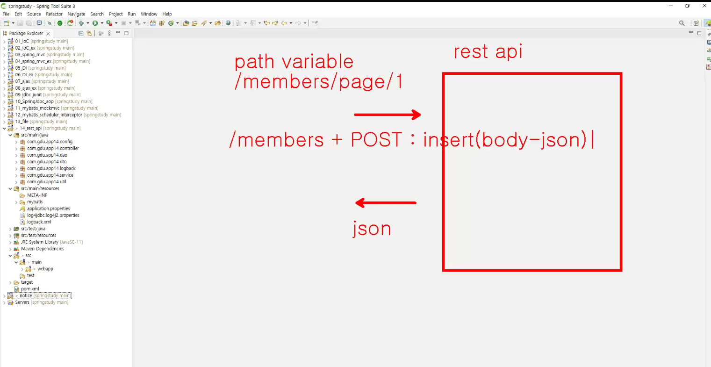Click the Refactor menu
54,14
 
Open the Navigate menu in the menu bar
76,14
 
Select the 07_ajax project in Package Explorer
22,81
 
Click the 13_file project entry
22,121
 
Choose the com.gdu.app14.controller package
53,148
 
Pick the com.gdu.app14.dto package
47,162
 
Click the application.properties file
48,209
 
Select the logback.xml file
39,222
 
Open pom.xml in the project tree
30,289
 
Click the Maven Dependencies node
42,249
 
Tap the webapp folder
45,268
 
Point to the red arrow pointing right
388,115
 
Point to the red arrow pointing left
386,203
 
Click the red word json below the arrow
372,229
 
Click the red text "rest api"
488,51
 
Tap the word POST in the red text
376,139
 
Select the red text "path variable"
294,61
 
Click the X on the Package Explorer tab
48,33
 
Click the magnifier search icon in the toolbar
682,23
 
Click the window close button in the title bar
704,6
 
